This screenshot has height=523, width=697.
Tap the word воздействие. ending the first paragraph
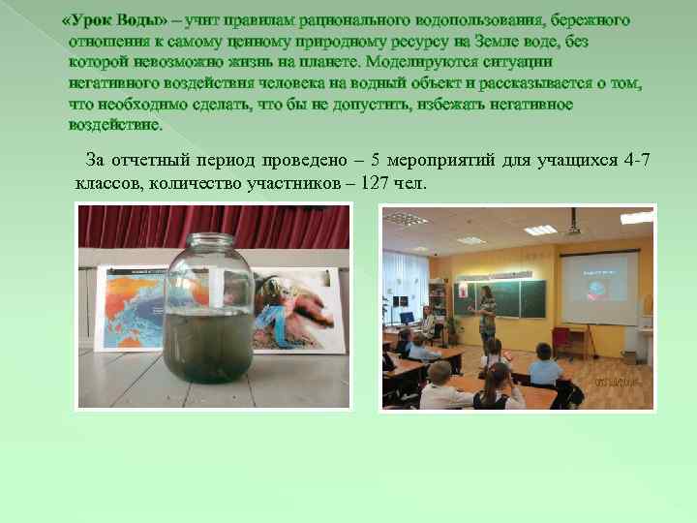point(116,126)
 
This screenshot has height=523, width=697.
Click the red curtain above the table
point(126,226)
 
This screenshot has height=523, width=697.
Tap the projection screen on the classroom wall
point(602,283)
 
